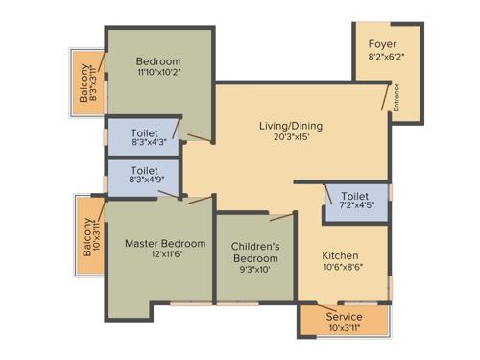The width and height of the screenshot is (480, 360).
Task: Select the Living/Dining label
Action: (x=290, y=126)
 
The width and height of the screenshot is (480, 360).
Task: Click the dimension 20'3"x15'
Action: (x=290, y=139)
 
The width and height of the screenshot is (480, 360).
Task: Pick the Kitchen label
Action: (x=341, y=256)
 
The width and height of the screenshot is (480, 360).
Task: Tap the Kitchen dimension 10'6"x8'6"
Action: (x=341, y=270)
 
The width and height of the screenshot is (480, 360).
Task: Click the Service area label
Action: (x=344, y=316)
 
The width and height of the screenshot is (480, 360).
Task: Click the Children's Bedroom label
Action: (x=255, y=252)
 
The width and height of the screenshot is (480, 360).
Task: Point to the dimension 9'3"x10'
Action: (x=255, y=272)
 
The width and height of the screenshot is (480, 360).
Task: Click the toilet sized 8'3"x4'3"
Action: (x=142, y=136)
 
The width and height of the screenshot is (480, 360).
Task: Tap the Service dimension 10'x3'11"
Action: (x=344, y=328)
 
